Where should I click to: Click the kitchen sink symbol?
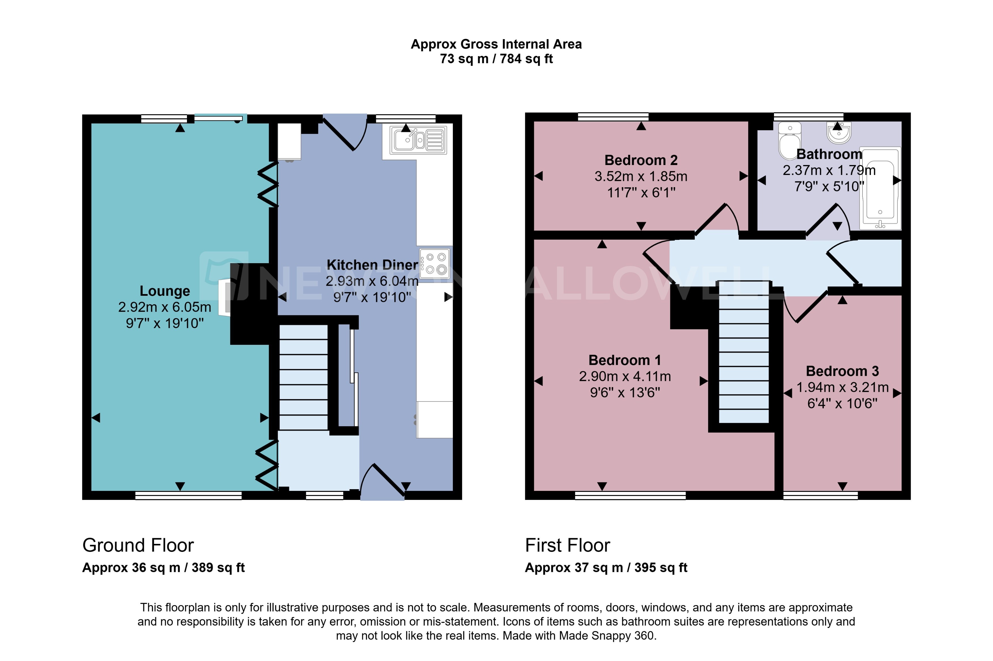[x=417, y=140]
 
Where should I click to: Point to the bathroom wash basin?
[x=839, y=132]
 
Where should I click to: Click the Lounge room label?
[x=165, y=291]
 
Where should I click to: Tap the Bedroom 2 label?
[x=641, y=160]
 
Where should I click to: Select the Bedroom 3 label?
[x=842, y=371]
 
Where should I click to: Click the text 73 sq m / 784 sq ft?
[x=496, y=59]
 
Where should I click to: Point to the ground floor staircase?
[x=303, y=377]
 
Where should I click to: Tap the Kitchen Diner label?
[x=372, y=265]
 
